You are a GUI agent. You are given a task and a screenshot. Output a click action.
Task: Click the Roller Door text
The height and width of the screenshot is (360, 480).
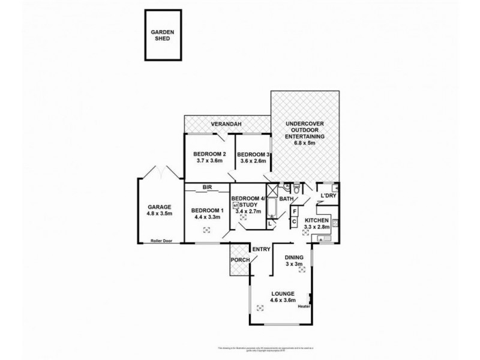[x=161, y=241]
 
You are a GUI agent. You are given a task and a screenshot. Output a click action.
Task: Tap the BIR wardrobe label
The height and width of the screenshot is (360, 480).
[x=208, y=187]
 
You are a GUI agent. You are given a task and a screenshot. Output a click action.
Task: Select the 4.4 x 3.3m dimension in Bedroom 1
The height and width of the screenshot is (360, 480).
[x=206, y=217]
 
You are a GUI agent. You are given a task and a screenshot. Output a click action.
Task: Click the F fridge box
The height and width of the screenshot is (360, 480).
[x=295, y=211]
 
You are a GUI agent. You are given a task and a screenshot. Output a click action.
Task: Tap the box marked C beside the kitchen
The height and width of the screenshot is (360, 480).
[x=295, y=221]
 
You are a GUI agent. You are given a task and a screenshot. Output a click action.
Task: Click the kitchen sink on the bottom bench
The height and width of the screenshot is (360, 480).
[x=323, y=239]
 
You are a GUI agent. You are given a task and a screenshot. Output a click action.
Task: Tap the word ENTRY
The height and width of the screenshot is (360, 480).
[x=261, y=249]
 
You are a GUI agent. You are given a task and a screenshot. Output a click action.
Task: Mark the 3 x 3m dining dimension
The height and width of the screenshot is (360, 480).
[x=294, y=264]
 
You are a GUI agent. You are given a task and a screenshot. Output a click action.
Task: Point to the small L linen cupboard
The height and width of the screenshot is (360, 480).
[x=271, y=223]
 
